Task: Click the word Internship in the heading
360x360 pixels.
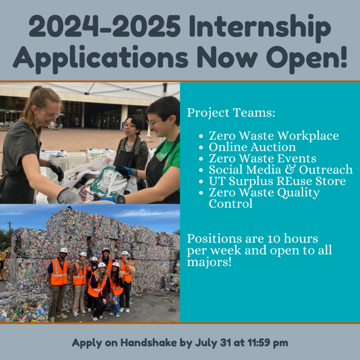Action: pyautogui.click(x=260, y=28)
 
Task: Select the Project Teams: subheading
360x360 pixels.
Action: pyautogui.click(x=231, y=113)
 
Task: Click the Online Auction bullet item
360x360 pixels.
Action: pyautogui.click(x=252, y=147)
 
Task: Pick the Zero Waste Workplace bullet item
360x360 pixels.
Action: pyautogui.click(x=274, y=136)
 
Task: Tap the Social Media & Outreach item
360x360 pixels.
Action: pyautogui.click(x=281, y=170)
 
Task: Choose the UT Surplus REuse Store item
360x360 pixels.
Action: pyautogui.click(x=277, y=181)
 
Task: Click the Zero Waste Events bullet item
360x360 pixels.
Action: pyautogui.click(x=262, y=159)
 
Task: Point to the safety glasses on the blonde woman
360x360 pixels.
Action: pyautogui.click(x=49, y=115)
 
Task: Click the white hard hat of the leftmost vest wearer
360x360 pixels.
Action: pyautogui.click(x=64, y=251)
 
